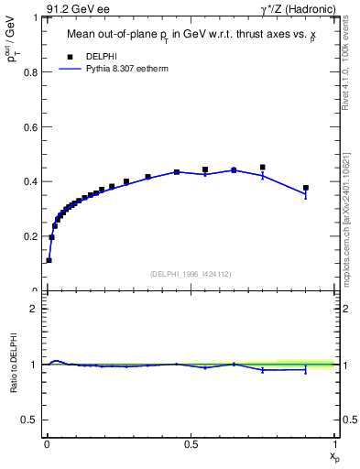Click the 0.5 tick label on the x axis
(191, 444)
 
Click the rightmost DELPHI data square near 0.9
(306, 188)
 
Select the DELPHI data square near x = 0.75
(263, 168)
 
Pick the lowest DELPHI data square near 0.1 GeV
(49, 260)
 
